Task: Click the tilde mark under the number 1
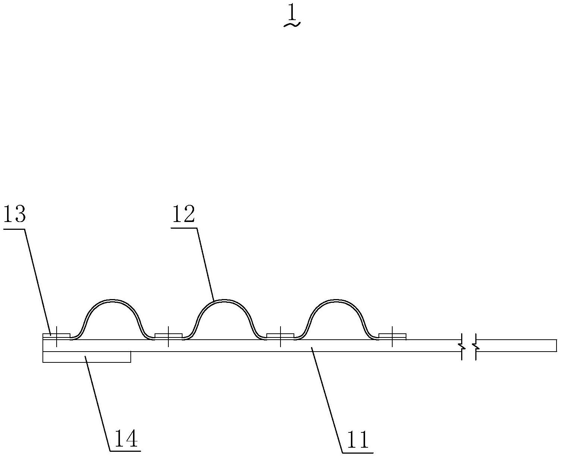tap(292, 25)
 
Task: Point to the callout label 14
tap(126, 439)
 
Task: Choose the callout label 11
tap(357, 440)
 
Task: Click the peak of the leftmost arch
tap(112, 300)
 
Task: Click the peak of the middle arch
tap(224, 300)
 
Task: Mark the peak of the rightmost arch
tap(336, 300)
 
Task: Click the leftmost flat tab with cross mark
tap(56, 336)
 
